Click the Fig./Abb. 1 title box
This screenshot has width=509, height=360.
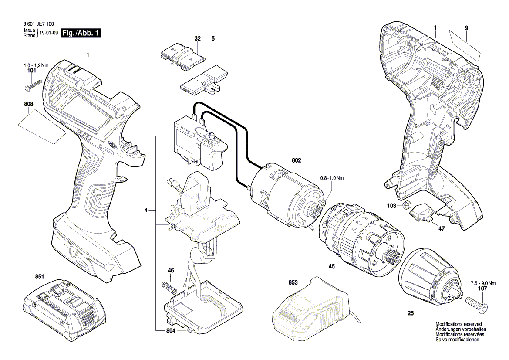point(81,33)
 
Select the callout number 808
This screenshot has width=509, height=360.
point(29,104)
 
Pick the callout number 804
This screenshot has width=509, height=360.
point(170,331)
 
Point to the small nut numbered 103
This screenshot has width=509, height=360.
point(406,205)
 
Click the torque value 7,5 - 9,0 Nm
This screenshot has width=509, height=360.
point(483,283)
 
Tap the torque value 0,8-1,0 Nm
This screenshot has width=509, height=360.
point(332,178)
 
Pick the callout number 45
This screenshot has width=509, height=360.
point(331,266)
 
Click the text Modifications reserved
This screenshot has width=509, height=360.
point(458,324)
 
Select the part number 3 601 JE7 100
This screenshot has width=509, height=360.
point(39,24)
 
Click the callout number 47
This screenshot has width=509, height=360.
point(442,229)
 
